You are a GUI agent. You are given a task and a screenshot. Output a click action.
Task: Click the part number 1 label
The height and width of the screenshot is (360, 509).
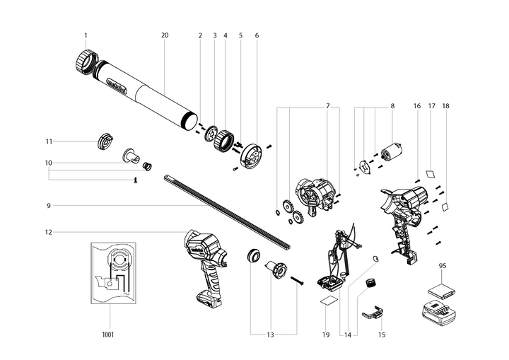(86, 35)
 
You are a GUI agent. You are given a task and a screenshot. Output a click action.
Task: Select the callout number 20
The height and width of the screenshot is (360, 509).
(165, 35)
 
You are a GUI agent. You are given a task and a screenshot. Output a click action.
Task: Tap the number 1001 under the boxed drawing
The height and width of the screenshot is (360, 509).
(107, 334)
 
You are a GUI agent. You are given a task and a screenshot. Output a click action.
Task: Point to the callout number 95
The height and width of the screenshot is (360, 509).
(443, 267)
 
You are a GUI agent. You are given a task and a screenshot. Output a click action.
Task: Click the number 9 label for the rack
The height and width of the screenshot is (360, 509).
(49, 206)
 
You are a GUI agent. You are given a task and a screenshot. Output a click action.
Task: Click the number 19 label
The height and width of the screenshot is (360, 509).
(326, 334)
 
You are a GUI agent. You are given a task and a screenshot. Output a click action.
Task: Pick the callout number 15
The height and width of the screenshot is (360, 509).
(382, 334)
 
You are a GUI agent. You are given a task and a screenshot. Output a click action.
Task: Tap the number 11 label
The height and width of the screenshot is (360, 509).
(49, 141)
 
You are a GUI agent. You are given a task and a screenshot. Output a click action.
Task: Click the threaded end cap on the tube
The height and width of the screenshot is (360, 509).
(84, 64)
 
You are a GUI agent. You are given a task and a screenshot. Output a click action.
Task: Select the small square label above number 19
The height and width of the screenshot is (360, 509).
(328, 300)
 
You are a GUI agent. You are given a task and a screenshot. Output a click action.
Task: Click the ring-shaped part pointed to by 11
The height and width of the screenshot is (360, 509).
(104, 140)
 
